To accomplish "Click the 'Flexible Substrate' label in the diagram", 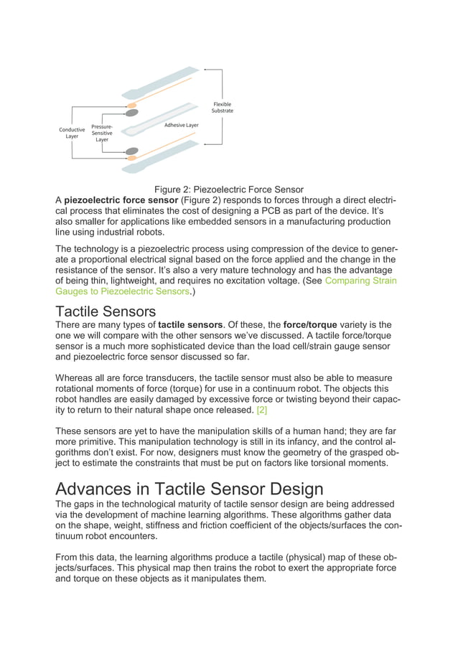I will [x=222, y=108].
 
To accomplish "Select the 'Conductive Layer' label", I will [x=72, y=133].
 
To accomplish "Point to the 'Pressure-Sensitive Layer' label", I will [x=102, y=133].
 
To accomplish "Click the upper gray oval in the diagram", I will [x=132, y=113].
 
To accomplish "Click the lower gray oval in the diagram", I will [x=132, y=151].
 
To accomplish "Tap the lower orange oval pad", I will [x=132, y=159].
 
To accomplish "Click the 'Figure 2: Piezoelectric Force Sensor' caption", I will [x=228, y=189].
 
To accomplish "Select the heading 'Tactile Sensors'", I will [x=105, y=311].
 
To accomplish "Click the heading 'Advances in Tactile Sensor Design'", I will [x=190, y=490].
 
